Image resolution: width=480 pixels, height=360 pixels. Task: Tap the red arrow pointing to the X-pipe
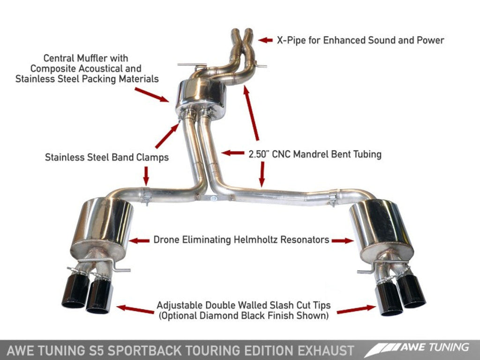[x=266, y=40]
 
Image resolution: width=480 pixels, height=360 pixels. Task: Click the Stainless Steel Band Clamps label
[x=107, y=157]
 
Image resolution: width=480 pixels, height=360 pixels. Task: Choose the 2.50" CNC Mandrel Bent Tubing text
[x=314, y=153]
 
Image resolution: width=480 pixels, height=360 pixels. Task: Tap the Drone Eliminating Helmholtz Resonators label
[x=241, y=240]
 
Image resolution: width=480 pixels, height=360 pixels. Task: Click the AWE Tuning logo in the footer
[x=417, y=349]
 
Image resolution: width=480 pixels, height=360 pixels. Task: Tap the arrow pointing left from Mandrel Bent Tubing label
[x=232, y=153]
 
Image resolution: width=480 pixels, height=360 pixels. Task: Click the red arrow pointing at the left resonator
[x=139, y=240]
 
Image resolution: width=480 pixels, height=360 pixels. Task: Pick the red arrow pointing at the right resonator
[x=342, y=240]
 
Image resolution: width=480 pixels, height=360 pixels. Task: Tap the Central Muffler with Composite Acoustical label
[x=87, y=68]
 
